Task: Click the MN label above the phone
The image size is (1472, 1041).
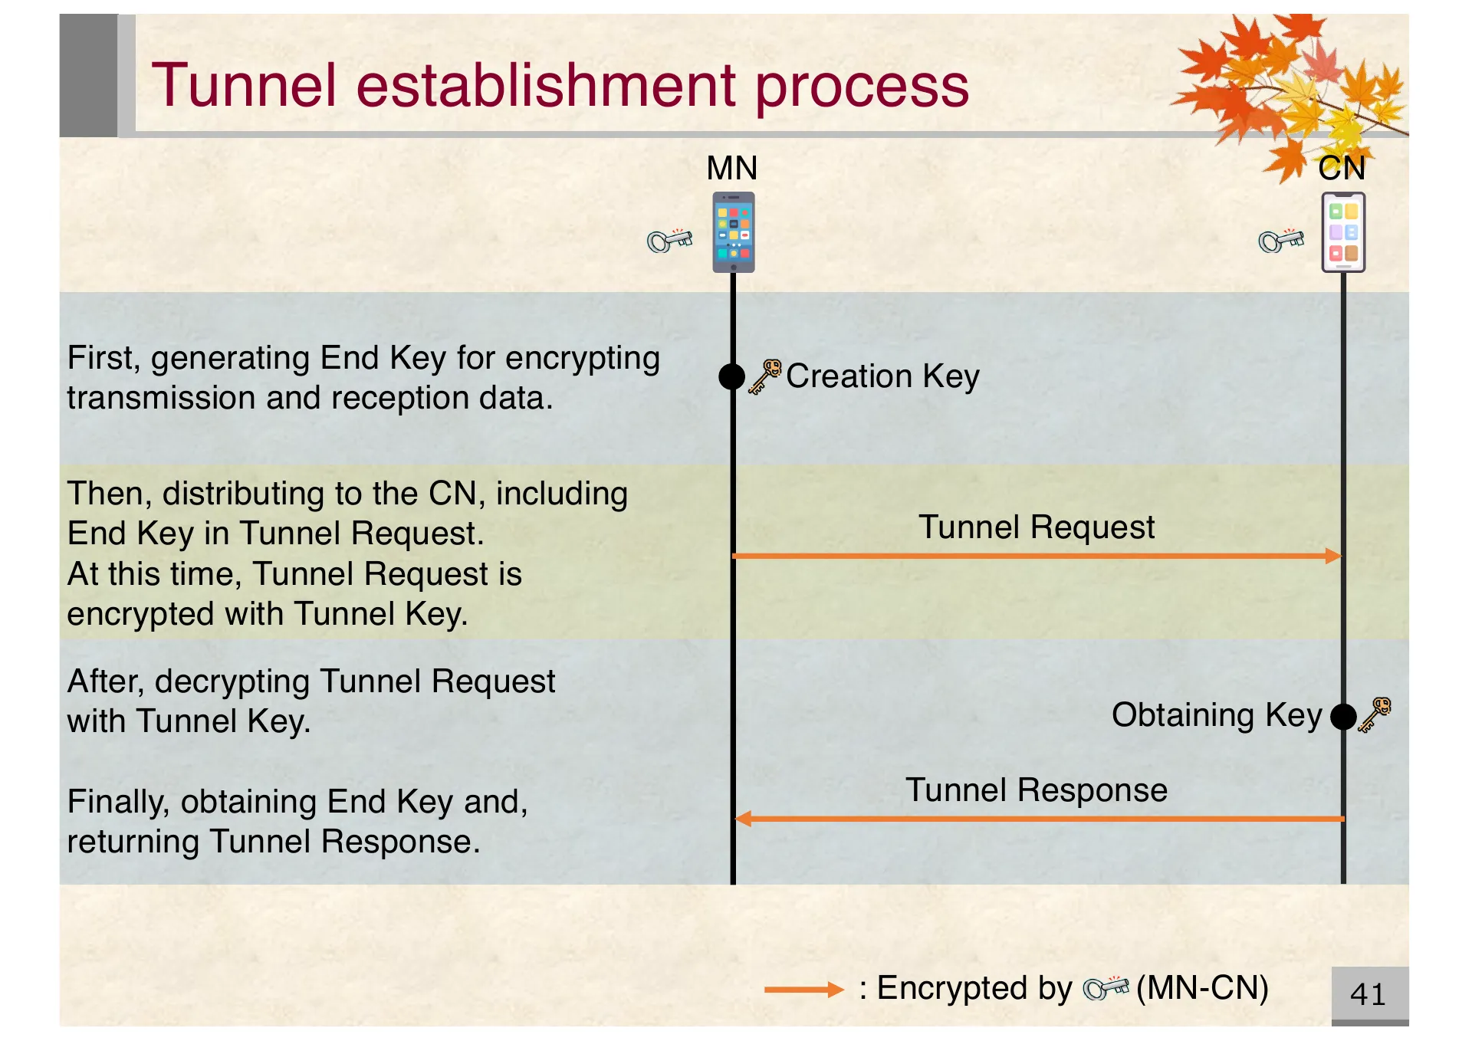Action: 731,168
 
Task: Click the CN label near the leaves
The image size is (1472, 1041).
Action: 1341,168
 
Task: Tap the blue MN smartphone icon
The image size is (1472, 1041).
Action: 734,232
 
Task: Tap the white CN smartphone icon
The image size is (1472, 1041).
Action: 1343,232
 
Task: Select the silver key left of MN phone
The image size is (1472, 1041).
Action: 669,241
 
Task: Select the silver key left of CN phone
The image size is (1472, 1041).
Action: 1280,241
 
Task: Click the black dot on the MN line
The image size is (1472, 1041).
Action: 732,376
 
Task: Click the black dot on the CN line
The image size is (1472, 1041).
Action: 1343,717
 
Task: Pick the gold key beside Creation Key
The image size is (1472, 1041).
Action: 764,376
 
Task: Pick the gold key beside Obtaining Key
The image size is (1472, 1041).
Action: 1375,714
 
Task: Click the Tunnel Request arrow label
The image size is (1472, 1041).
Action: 1036,527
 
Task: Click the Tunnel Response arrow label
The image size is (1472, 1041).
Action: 1036,790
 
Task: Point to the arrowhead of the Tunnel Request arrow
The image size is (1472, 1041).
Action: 1334,556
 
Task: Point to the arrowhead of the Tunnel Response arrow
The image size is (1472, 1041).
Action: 742,819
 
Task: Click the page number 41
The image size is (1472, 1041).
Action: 1368,994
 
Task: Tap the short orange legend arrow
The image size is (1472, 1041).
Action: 803,990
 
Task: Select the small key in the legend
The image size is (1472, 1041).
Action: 1106,988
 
